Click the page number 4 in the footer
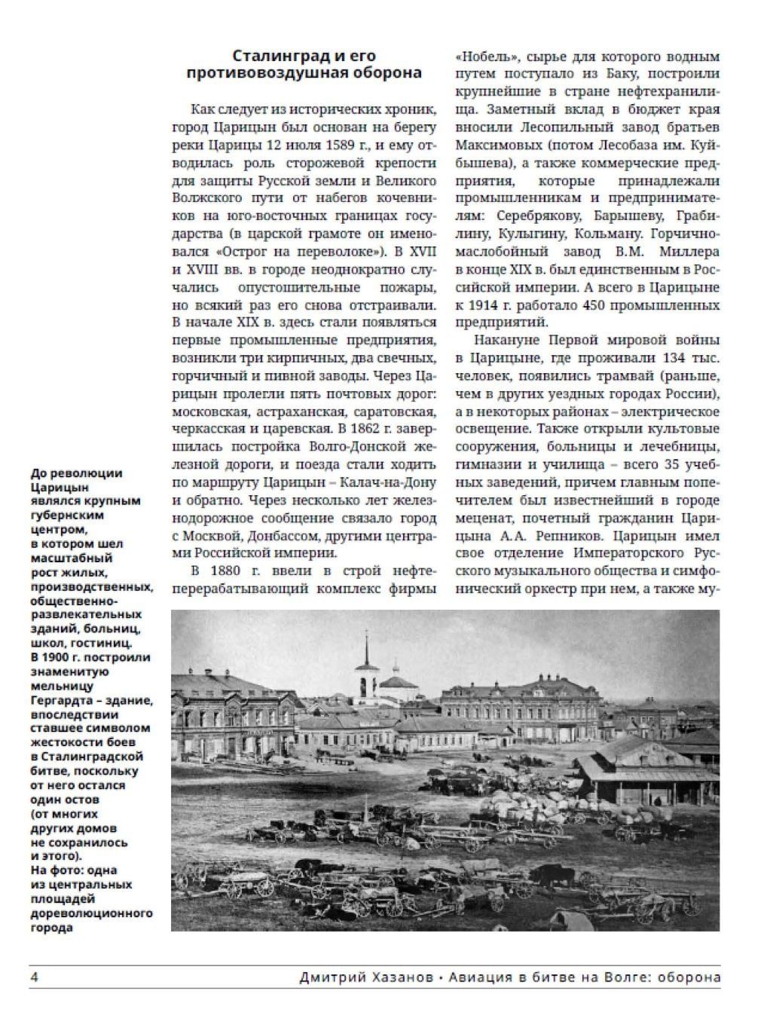(34, 978)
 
